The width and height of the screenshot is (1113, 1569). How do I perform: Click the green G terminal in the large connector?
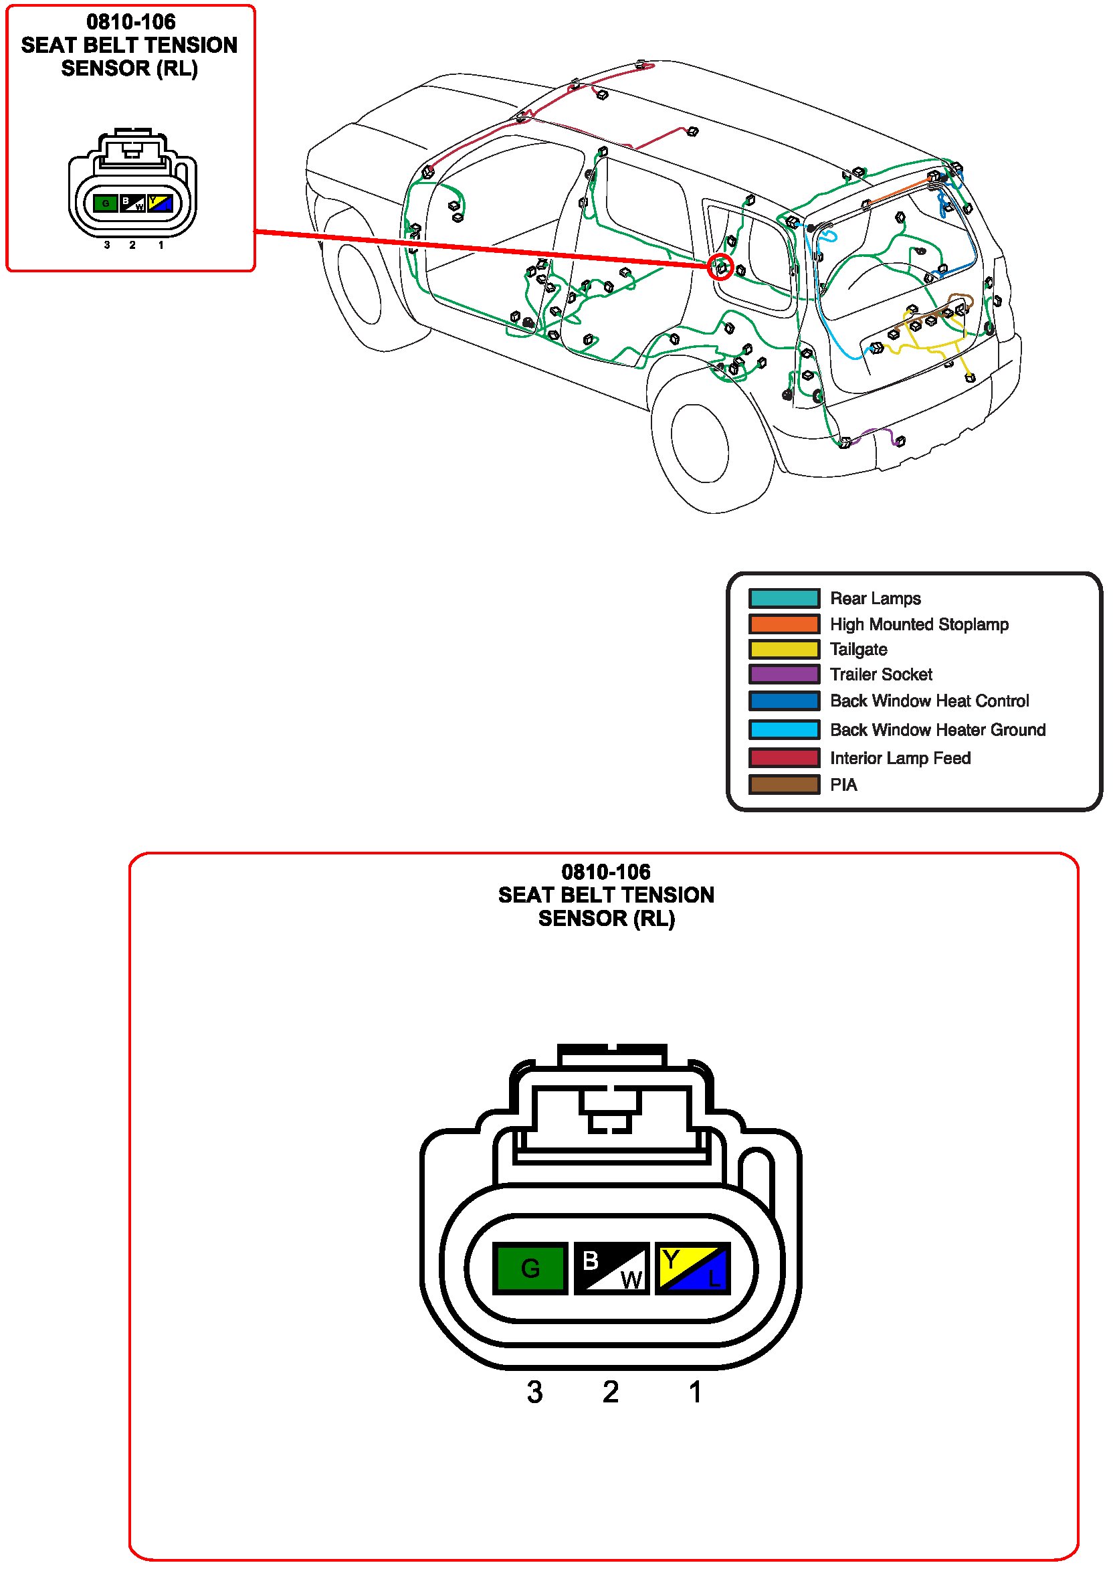tap(530, 1267)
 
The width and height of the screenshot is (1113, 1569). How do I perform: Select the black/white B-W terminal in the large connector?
tap(611, 1267)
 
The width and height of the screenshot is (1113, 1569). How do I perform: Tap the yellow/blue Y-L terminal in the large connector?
tap(693, 1267)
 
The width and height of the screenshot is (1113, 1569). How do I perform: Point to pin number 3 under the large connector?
tap(534, 1392)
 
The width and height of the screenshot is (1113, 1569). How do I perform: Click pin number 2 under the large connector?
tap(611, 1392)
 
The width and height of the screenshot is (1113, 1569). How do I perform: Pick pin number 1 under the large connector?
tap(695, 1392)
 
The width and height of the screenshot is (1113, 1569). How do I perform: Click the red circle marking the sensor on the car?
tap(720, 267)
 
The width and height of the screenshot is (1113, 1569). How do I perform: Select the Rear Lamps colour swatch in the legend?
tap(784, 598)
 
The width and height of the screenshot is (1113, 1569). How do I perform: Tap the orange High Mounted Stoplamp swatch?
tap(784, 624)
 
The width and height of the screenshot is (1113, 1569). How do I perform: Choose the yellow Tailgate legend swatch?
tap(784, 649)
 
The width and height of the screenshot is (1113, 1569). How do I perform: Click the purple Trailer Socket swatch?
tap(784, 674)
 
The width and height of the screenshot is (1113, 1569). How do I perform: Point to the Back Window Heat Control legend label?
tap(929, 701)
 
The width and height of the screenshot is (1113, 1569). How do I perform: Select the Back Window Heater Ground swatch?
tap(784, 729)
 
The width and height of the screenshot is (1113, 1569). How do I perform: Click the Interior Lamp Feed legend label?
tap(900, 758)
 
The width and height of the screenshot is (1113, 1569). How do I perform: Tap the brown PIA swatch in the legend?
tap(784, 784)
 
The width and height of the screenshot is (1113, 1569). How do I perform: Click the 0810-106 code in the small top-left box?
tap(131, 22)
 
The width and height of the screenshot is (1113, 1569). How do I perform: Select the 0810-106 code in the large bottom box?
tap(606, 872)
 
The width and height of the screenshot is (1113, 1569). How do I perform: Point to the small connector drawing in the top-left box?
tap(132, 185)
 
